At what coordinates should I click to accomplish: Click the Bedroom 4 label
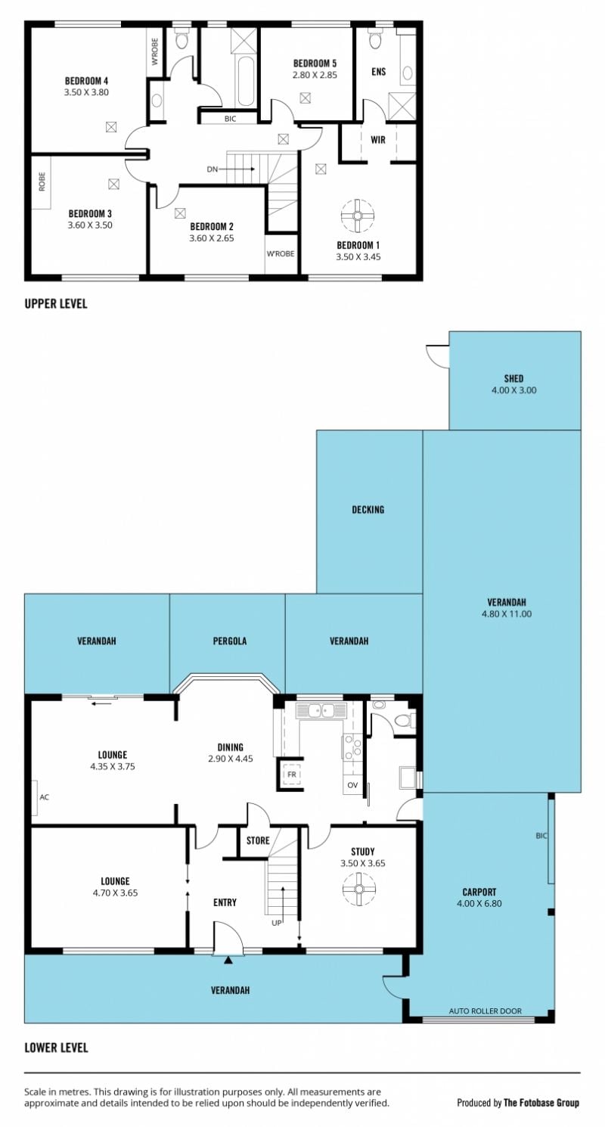pyautogui.click(x=86, y=80)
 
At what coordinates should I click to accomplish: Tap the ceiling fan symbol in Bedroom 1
pyautogui.click(x=358, y=216)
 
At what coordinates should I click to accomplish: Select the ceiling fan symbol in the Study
pyautogui.click(x=359, y=889)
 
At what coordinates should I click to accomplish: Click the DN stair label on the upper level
pyautogui.click(x=213, y=169)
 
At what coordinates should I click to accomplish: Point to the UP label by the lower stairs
pyautogui.click(x=277, y=922)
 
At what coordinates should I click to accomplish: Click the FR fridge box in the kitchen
pyautogui.click(x=292, y=775)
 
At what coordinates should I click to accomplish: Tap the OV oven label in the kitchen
pyautogui.click(x=352, y=784)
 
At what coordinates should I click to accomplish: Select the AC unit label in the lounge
pyautogui.click(x=45, y=797)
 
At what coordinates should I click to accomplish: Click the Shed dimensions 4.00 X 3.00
pyautogui.click(x=514, y=390)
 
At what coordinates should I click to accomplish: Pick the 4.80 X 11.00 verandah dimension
pyautogui.click(x=507, y=613)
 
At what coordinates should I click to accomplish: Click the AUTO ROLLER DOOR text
pyautogui.click(x=486, y=1011)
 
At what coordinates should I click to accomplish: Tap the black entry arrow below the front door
pyautogui.click(x=229, y=960)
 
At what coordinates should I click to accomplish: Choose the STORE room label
pyautogui.click(x=258, y=840)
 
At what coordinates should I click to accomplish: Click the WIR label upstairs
pyautogui.click(x=378, y=139)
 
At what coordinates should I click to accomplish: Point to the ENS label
pyautogui.click(x=379, y=71)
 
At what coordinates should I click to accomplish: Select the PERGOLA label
pyautogui.click(x=230, y=641)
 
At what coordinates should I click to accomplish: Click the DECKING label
pyautogui.click(x=368, y=510)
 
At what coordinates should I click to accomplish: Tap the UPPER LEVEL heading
pyautogui.click(x=56, y=303)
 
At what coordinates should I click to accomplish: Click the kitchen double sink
pyautogui.click(x=321, y=710)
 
